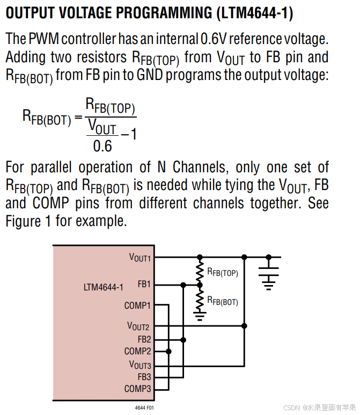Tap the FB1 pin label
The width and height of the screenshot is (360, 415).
point(144,284)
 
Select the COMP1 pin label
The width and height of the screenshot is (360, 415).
point(138,305)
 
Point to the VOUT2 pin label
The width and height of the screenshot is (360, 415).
point(139,326)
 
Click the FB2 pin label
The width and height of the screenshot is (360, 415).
point(144,339)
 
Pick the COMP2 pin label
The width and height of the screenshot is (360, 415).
point(138,351)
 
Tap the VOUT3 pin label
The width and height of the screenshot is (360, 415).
point(140,365)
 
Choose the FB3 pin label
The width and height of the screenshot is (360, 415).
point(144,377)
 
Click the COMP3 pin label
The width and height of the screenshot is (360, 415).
point(138,389)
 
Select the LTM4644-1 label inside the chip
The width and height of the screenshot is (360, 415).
point(103,287)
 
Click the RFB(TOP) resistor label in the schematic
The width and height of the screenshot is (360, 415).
point(223,272)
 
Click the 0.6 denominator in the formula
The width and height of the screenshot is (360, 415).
point(102,145)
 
